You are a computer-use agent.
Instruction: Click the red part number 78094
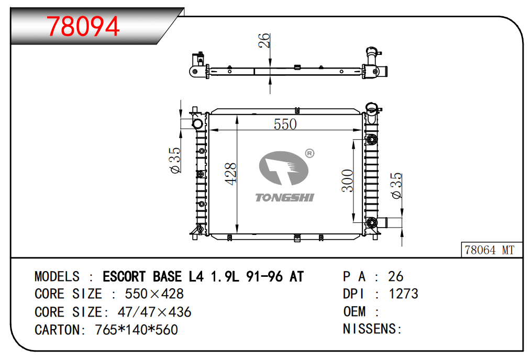[x=83, y=26]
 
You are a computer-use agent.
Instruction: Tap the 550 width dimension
[x=285, y=124]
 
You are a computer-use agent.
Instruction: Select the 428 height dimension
[x=230, y=174]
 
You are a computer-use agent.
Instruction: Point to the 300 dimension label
[x=348, y=181]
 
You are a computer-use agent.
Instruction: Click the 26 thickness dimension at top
[x=264, y=40]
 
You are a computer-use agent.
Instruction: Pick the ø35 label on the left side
[x=175, y=160]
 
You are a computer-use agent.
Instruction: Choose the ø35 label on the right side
[x=396, y=186]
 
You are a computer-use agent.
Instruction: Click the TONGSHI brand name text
[x=285, y=198]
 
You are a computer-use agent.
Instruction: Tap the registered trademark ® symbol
[x=310, y=153]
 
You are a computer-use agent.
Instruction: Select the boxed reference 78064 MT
[x=490, y=250]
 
